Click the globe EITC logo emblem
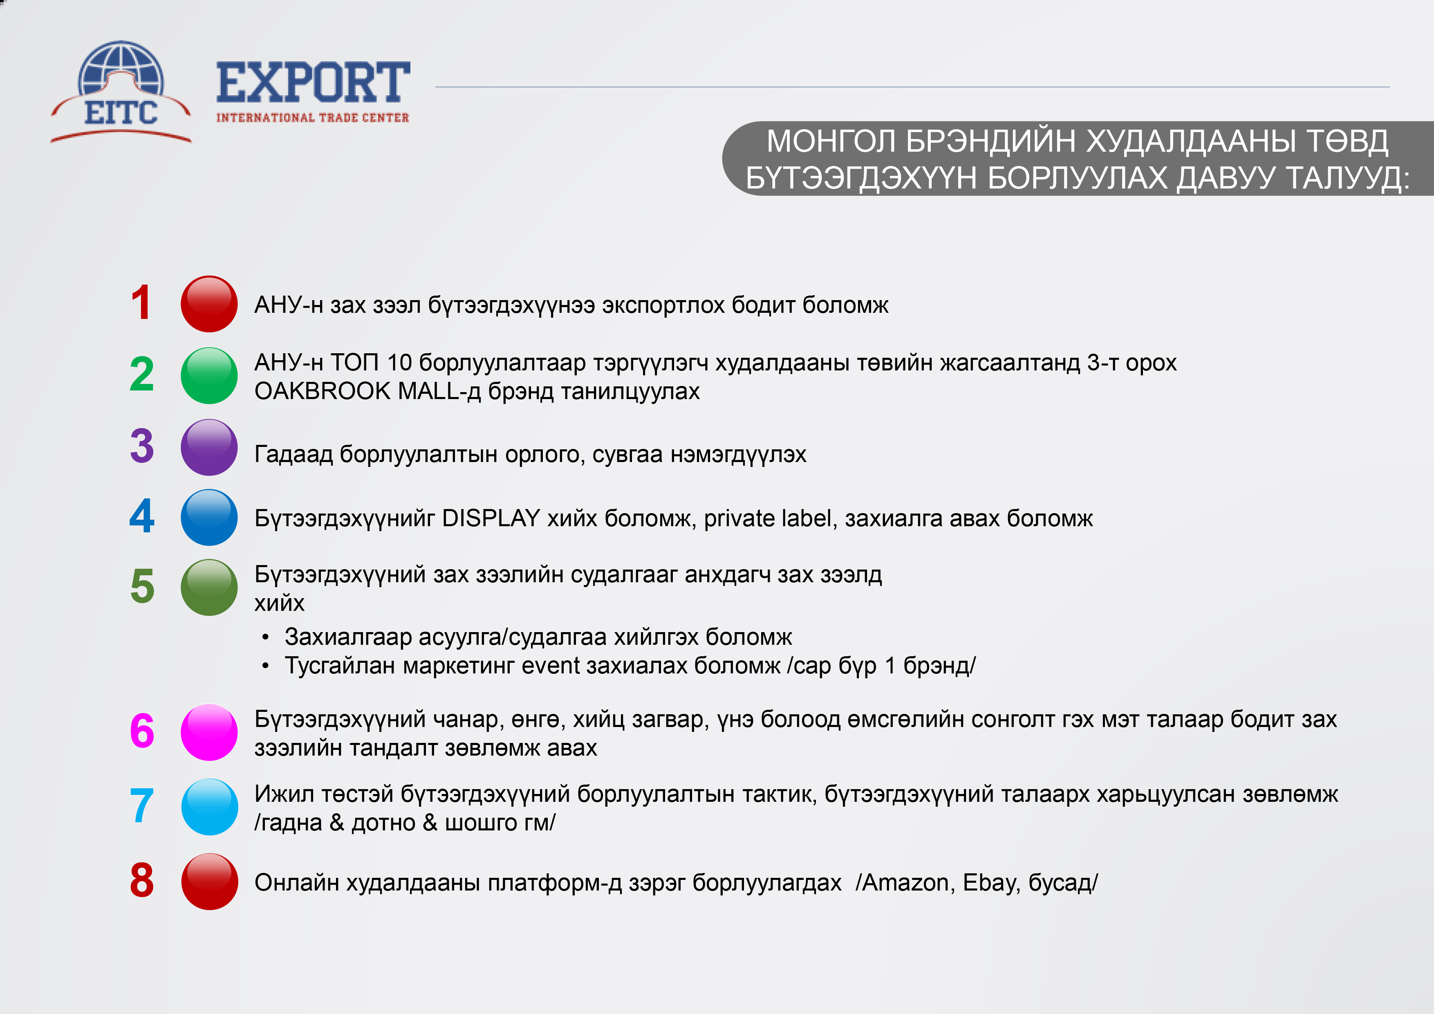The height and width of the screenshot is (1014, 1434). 121,92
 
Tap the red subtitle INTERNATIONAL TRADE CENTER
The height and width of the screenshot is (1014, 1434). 313,117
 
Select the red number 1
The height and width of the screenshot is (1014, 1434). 141,303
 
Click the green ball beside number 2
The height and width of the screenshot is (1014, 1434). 209,375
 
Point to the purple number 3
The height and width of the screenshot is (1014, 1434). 142,446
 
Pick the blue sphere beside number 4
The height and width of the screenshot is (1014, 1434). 209,517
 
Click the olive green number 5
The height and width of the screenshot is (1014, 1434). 142,587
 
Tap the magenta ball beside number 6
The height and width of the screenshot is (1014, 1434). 209,732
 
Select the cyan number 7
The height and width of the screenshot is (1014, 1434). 142,806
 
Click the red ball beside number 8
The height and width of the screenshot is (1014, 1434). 209,882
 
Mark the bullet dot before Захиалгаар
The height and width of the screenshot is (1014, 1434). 265,638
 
